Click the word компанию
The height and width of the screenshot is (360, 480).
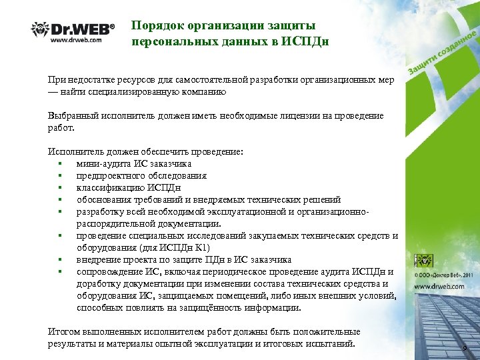point(202,92)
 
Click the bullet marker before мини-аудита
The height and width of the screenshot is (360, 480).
point(61,163)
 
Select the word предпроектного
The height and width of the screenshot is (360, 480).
point(110,175)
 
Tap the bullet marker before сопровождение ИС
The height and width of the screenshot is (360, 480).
point(61,271)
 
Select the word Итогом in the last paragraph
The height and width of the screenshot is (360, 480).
point(64,331)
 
